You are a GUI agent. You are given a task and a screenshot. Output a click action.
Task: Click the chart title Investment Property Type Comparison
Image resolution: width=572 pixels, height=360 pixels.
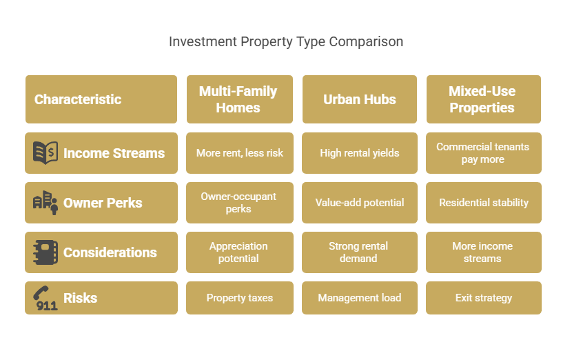click(x=286, y=41)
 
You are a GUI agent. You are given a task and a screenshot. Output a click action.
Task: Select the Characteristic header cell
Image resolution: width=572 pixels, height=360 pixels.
click(x=101, y=99)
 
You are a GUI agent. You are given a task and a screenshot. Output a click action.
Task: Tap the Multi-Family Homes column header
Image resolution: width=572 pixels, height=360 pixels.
click(x=240, y=99)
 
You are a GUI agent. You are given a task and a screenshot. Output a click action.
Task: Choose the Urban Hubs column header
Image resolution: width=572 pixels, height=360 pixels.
click(x=360, y=99)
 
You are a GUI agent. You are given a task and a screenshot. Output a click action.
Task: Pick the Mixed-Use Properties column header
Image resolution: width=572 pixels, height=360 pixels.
click(x=484, y=99)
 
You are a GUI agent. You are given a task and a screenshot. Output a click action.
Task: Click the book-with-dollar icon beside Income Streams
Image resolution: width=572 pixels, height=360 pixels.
click(x=45, y=152)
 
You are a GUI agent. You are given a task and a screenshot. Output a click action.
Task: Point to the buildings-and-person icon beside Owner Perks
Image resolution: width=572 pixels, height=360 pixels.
click(x=45, y=203)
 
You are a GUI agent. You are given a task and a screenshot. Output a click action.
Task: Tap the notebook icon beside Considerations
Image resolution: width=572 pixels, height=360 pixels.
click(x=45, y=252)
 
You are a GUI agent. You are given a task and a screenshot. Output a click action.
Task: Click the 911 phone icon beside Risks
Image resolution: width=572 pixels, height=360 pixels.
click(x=45, y=298)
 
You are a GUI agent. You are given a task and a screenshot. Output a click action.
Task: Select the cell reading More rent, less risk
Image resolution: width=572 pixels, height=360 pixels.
click(x=240, y=153)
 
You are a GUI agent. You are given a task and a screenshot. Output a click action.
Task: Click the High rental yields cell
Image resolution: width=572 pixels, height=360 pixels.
click(x=360, y=153)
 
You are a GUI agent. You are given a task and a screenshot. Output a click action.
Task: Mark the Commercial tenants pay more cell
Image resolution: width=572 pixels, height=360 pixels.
click(x=484, y=153)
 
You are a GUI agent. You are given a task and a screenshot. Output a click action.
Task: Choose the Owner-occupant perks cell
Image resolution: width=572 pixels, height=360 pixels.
click(x=240, y=203)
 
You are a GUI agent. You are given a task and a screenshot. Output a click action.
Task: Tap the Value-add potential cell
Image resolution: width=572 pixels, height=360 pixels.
click(x=360, y=203)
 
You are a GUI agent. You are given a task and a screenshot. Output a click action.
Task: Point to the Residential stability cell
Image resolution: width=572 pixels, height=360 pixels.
click(x=484, y=203)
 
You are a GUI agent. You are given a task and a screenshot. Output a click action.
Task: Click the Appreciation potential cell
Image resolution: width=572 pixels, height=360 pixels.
click(x=240, y=252)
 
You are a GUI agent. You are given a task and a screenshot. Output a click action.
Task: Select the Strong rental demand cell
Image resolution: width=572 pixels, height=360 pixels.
click(x=360, y=252)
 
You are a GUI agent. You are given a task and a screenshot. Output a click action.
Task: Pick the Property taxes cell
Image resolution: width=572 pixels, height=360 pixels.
click(x=240, y=298)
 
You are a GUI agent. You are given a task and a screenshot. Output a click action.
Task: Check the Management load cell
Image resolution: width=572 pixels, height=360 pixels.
click(x=360, y=298)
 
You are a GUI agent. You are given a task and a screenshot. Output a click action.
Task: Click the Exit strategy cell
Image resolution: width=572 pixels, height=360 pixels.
click(x=484, y=298)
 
